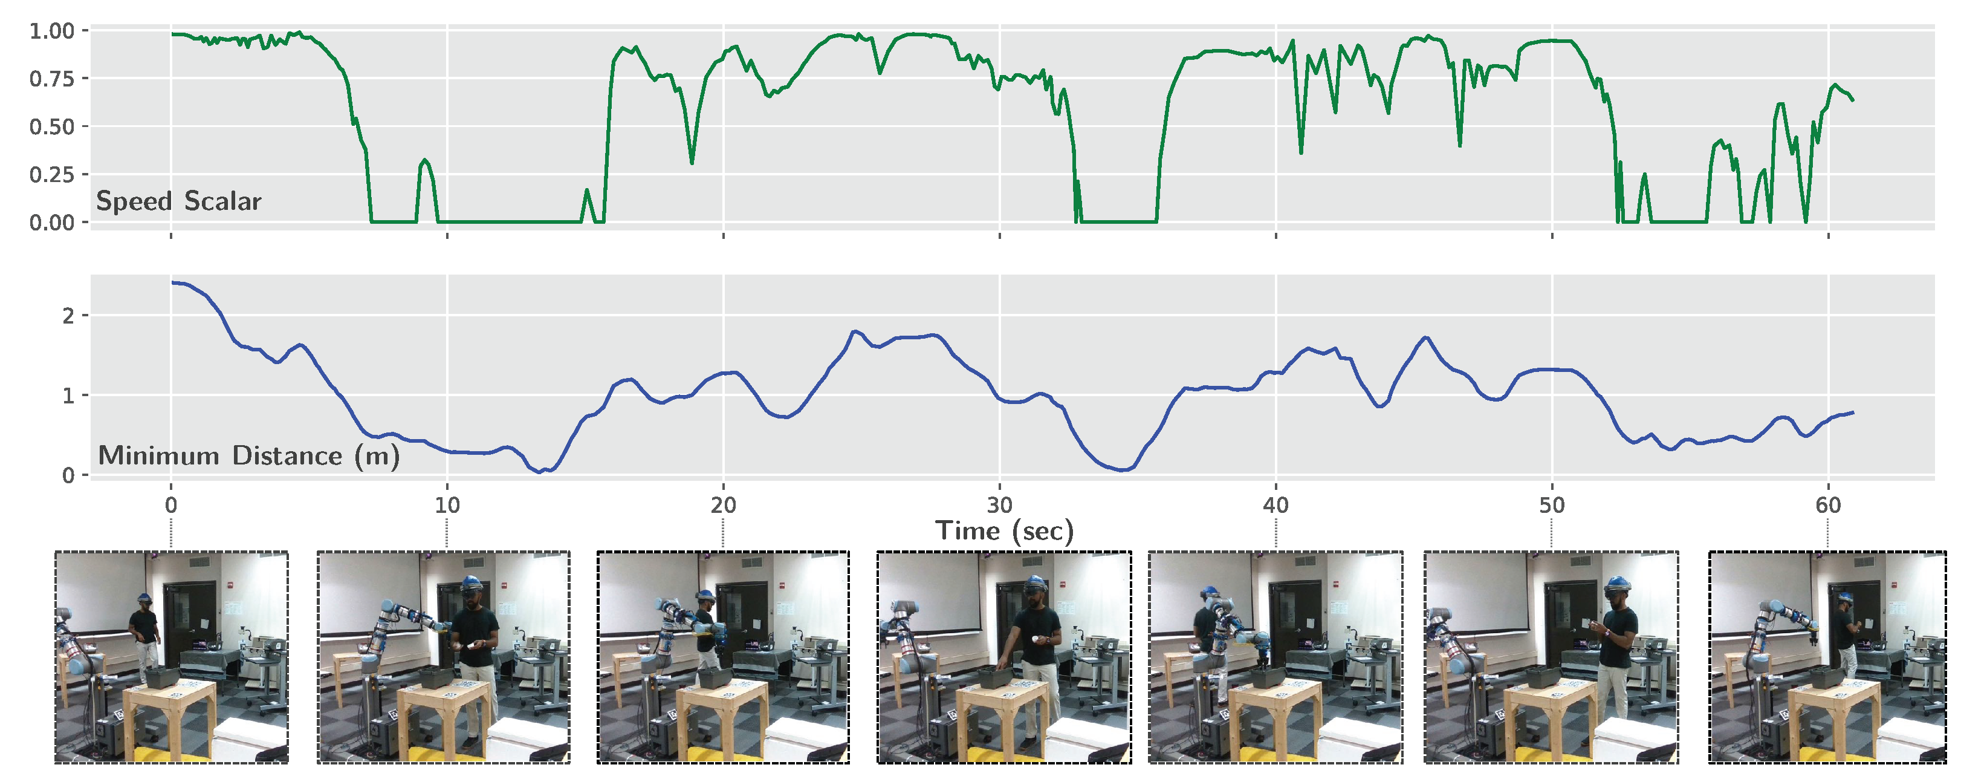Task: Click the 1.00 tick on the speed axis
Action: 52,31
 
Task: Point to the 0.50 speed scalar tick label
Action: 52,127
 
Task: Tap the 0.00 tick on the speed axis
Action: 52,223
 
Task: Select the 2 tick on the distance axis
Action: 68,315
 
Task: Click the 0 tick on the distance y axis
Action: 68,476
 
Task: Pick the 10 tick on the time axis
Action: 447,505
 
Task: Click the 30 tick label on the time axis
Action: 999,505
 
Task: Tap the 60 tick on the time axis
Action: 1828,505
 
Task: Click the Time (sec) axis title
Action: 1004,531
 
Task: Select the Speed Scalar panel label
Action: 179,201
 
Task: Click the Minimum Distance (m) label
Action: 249,455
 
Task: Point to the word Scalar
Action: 222,201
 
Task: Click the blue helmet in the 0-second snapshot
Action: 143,597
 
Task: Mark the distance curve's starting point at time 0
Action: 173,282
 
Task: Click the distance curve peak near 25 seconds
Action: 855,331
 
